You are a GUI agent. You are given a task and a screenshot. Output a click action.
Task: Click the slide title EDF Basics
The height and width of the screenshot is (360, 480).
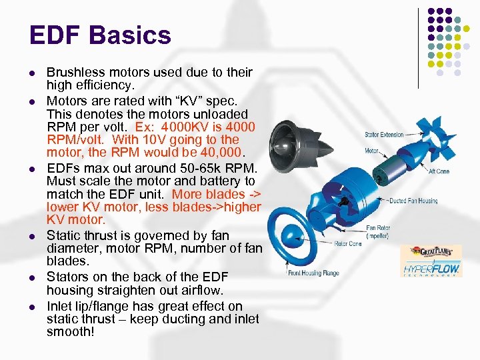click(100, 35)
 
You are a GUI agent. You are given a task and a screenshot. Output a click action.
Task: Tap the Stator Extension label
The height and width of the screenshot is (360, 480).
click(384, 135)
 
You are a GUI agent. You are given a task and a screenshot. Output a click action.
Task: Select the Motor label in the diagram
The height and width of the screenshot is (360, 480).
click(372, 151)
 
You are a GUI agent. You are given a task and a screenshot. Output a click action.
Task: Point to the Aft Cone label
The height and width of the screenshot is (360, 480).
click(439, 171)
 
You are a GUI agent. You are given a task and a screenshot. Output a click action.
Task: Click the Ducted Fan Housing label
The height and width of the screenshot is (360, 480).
click(413, 201)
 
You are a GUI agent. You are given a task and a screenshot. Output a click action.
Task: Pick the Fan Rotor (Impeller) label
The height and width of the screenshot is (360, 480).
click(378, 232)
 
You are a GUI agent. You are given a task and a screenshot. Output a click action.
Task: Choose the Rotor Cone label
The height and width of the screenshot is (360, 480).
click(348, 244)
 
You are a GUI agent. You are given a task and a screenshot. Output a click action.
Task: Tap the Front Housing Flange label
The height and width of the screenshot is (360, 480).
click(314, 273)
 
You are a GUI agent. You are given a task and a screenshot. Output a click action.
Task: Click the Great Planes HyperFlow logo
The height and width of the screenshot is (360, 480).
click(431, 261)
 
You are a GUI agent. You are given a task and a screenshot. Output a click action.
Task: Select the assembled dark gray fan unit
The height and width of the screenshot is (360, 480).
click(299, 146)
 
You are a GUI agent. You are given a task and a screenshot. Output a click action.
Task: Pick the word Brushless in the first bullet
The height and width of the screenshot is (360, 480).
click(75, 72)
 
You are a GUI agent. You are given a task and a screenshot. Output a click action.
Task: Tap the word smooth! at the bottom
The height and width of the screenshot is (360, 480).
click(71, 331)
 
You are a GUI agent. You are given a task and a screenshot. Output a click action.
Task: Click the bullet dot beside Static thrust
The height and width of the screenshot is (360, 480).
click(32, 237)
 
